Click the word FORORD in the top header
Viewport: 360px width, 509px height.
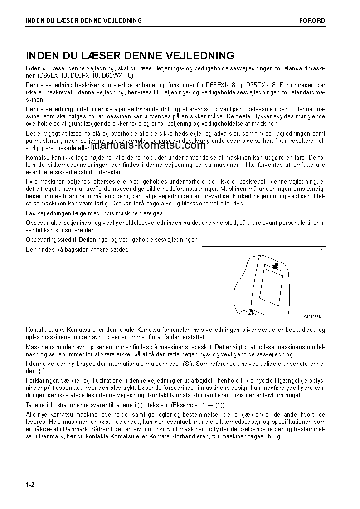pos(312,20)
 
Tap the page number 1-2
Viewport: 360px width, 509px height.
pos(30,485)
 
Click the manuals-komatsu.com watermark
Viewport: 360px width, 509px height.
pos(142,145)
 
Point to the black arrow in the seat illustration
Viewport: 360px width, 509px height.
pos(275,265)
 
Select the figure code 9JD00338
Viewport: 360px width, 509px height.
pos(312,317)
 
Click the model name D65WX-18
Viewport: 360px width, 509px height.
pos(117,75)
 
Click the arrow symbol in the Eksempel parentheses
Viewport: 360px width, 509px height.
pos(208,405)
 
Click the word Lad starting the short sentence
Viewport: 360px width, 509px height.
pos(31,213)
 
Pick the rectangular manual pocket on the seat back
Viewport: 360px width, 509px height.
pos(273,289)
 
